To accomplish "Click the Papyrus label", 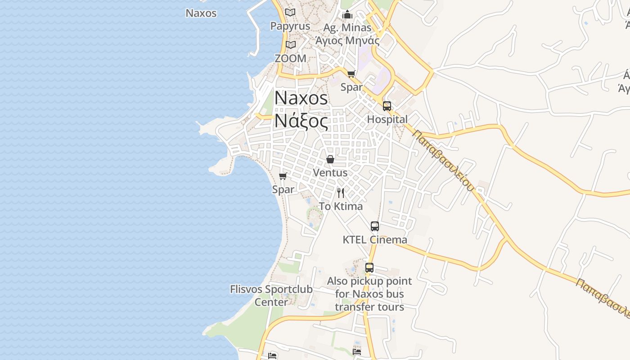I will click(290, 26).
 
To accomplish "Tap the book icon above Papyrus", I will click(290, 13).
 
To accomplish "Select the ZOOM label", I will click(290, 58).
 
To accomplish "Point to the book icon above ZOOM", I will click(291, 45).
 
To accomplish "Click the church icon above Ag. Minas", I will click(347, 14).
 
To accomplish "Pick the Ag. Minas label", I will click(347, 28).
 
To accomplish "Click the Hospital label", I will click(387, 119).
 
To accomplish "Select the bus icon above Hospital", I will click(387, 106).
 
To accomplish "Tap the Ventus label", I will click(330, 172).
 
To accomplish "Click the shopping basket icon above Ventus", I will click(330, 159).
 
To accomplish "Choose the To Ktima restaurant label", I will click(341, 207).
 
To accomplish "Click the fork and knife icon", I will click(341, 193).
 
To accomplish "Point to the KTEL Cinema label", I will click(375, 239).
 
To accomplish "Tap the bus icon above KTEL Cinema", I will click(375, 226).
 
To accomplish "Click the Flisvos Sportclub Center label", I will click(271, 295).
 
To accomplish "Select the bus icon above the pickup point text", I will click(369, 268).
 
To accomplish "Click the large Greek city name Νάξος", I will click(301, 121).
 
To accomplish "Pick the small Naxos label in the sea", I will click(201, 13).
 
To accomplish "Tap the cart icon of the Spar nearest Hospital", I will click(351, 74).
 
